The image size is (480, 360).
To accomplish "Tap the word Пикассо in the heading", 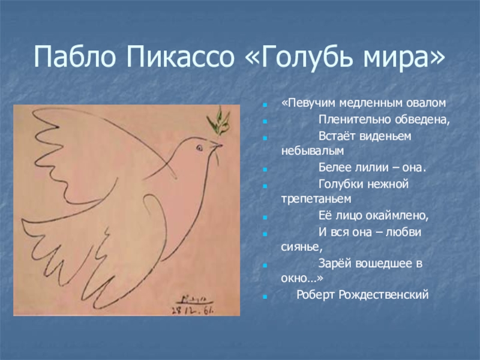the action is (180, 57).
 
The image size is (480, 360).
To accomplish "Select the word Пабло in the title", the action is (74, 57).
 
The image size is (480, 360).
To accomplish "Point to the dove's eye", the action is (200, 148).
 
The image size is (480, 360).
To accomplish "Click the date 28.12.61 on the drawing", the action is (193, 310).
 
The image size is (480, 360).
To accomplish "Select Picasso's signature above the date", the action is (194, 298).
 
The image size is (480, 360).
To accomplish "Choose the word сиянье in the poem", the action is (302, 247).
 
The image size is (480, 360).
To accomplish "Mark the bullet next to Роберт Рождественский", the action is (265, 296).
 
